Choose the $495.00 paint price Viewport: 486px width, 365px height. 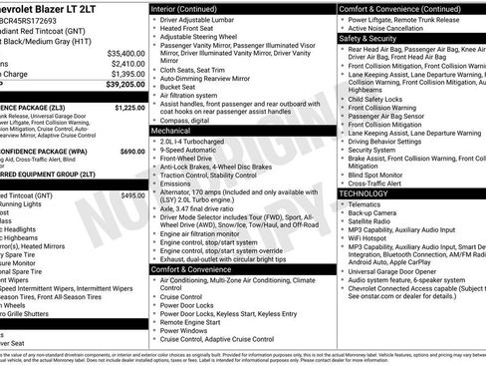(x=132, y=196)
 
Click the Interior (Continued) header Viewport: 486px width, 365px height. (x=192, y=8)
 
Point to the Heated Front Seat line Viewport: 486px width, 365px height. (x=196, y=30)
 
